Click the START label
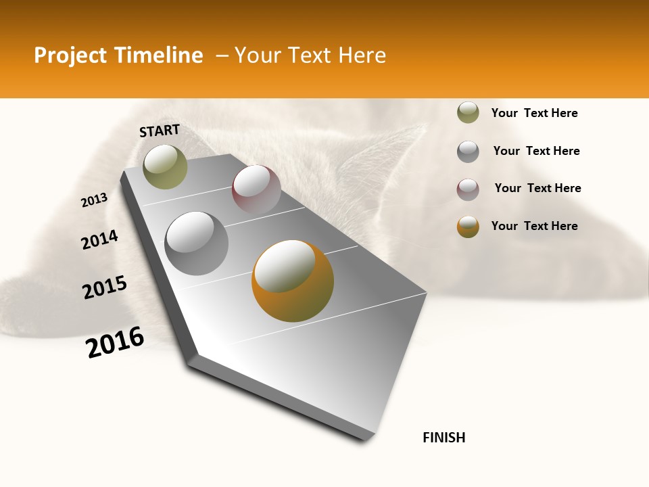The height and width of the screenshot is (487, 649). coord(160,131)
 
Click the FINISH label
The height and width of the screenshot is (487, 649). coord(443,438)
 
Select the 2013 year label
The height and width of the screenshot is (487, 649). coord(94,200)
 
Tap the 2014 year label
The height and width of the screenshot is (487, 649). coord(99,240)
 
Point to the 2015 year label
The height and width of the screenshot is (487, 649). coord(105,287)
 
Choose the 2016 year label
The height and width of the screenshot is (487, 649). coord(115,342)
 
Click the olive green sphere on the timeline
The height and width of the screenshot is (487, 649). coord(165,166)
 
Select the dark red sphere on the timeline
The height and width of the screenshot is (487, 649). coord(256,189)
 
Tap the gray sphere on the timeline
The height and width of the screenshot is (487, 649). coord(196,243)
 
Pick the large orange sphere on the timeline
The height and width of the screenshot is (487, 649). coord(293,281)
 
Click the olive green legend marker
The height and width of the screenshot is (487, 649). coord(468,113)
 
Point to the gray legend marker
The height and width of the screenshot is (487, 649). coord(468,152)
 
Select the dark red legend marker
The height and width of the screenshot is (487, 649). coord(468,189)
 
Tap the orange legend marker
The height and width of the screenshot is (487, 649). coord(468,227)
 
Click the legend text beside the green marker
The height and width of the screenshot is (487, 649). coord(534,113)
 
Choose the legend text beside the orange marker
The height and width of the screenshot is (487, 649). coord(534,226)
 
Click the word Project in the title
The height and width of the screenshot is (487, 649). coord(69,55)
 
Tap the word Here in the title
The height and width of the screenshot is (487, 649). coord(362,55)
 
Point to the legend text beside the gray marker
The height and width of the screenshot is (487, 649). coord(536,151)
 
